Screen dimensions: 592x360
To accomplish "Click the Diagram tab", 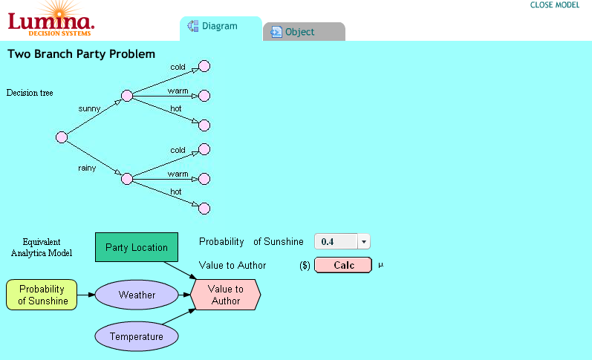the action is [x=221, y=28].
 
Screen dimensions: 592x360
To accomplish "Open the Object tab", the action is [x=304, y=32].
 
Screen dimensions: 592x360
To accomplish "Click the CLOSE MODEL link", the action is [x=555, y=5].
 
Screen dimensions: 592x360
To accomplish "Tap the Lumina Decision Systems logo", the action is [x=51, y=19].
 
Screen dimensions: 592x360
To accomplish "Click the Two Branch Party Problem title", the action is [x=81, y=54].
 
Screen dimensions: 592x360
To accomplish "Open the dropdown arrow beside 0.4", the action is [x=363, y=241].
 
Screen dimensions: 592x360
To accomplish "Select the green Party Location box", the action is [x=136, y=247].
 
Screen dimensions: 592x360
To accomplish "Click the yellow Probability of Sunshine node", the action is [x=42, y=295].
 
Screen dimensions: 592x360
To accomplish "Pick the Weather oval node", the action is [x=137, y=295].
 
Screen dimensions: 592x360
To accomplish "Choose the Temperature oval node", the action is [x=136, y=336].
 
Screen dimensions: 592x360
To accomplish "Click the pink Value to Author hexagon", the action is [x=225, y=295].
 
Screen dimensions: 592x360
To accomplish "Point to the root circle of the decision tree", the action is [x=62, y=137].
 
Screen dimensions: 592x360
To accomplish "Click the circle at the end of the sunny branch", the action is [x=127, y=96].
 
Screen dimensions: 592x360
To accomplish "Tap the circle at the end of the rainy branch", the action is [x=127, y=179].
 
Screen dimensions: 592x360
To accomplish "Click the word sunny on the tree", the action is [x=89, y=109].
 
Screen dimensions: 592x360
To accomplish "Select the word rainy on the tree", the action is [x=87, y=168].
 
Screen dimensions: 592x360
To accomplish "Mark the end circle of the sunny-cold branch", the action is [x=204, y=66].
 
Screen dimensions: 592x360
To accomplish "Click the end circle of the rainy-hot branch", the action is [x=204, y=209].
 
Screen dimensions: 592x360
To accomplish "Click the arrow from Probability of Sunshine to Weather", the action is [x=86, y=295].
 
